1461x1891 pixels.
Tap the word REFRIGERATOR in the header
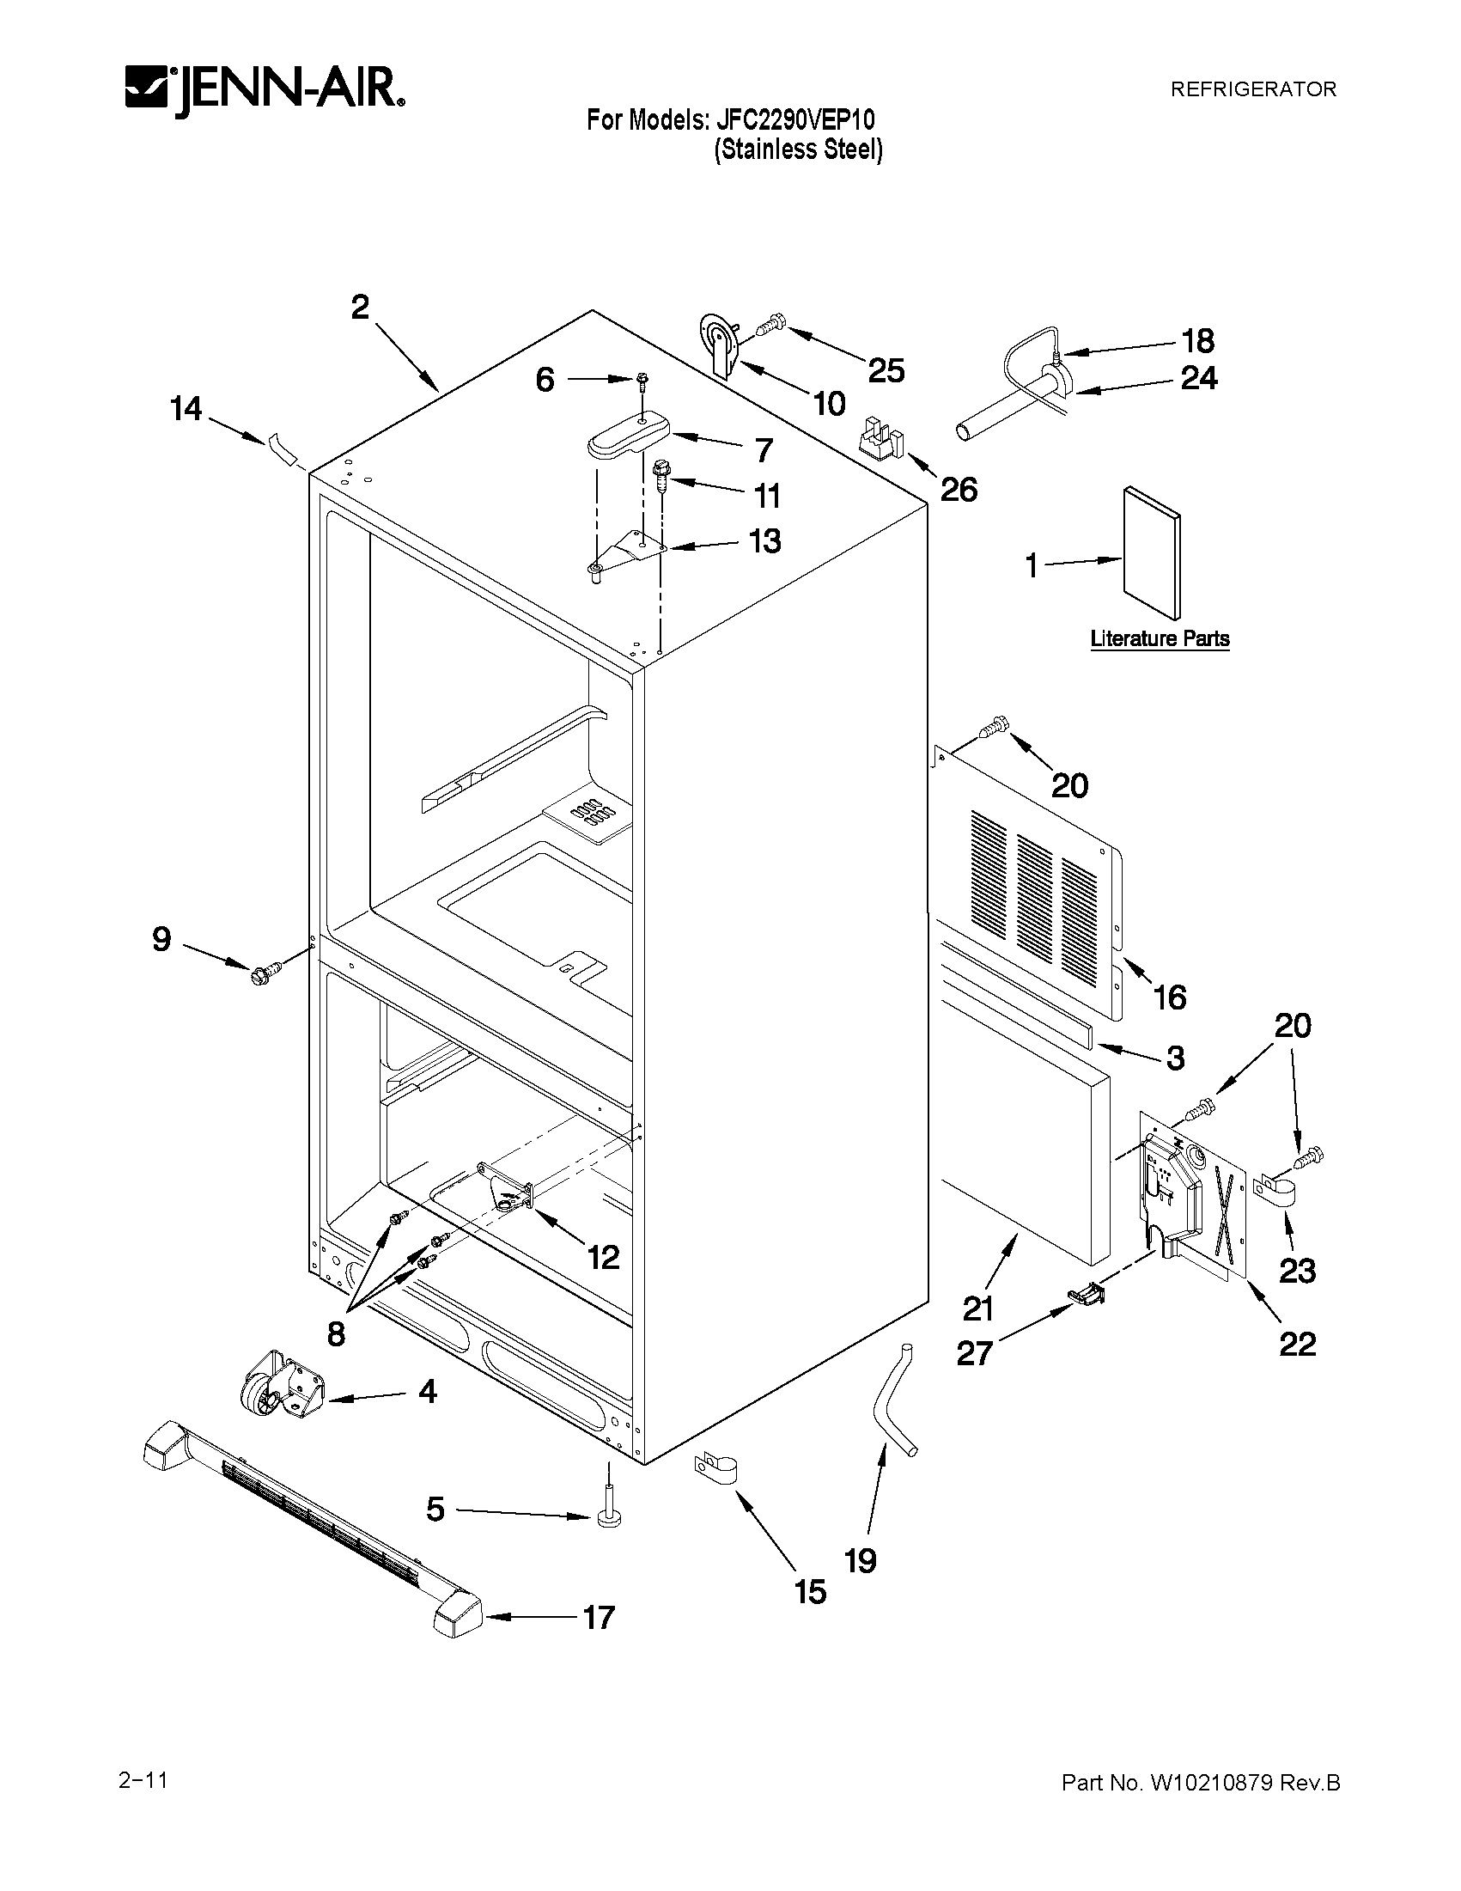(1252, 89)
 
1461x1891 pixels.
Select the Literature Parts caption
(1159, 639)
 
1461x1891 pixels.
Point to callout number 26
(959, 490)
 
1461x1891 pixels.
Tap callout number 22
(1298, 1344)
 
